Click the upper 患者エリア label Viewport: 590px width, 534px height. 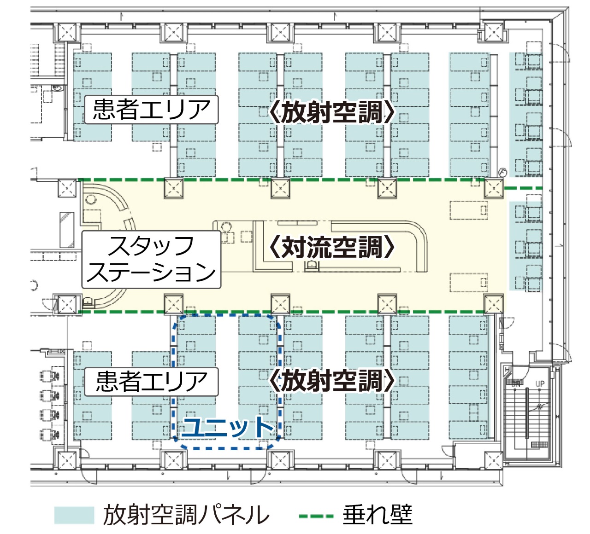click(x=151, y=110)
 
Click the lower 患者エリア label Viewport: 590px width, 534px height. click(x=151, y=382)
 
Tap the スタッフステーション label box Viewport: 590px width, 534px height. click(x=151, y=260)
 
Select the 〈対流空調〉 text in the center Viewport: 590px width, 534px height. click(x=331, y=248)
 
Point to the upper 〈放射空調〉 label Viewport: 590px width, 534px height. click(x=331, y=112)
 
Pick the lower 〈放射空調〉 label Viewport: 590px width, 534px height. click(x=331, y=381)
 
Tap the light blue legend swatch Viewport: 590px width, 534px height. click(x=74, y=515)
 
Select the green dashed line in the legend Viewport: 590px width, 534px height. click(x=316, y=516)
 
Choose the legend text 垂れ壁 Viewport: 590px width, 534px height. click(x=378, y=515)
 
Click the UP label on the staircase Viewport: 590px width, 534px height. click(x=540, y=383)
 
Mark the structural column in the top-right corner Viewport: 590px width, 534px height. click(x=493, y=32)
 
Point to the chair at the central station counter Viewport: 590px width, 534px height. click(x=313, y=266)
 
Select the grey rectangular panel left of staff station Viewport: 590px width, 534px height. click(x=67, y=230)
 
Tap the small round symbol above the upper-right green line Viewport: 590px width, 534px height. click(x=502, y=172)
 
